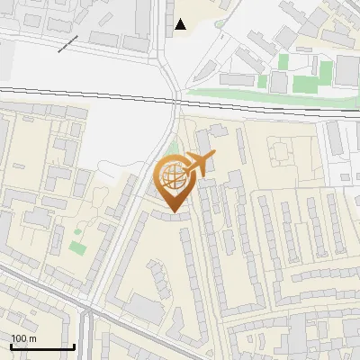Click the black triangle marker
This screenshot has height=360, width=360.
[x=181, y=24]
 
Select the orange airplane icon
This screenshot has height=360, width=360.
[x=199, y=164]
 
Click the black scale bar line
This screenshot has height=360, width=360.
[x=42, y=346]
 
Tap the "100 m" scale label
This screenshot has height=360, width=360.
[x=24, y=338]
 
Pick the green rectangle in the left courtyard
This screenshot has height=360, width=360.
[x=77, y=246]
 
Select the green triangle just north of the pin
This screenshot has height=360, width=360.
[x=173, y=148]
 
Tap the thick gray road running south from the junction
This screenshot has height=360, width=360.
[x=94, y=337]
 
